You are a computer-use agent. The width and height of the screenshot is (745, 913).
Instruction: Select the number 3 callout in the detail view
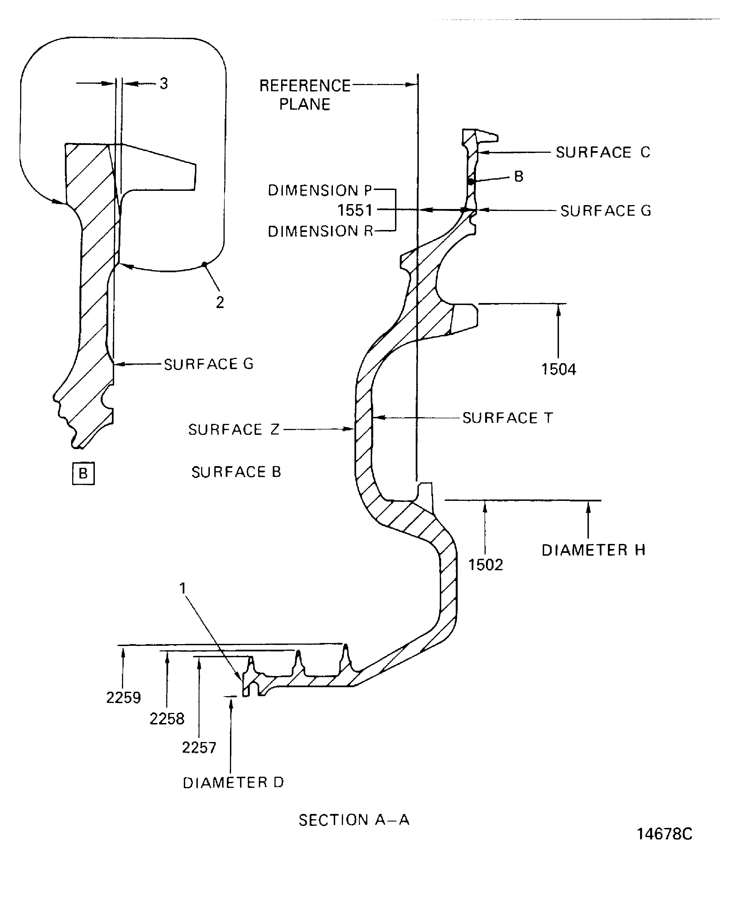coord(163,84)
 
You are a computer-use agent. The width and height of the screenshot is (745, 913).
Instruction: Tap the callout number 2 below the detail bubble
coord(220,303)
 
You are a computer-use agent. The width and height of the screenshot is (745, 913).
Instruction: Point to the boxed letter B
coord(83,473)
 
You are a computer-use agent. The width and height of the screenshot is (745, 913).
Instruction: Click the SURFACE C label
coord(603,152)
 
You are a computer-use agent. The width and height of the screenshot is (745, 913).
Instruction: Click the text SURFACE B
coord(236,472)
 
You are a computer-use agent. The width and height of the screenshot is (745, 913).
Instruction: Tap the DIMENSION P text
coord(320,190)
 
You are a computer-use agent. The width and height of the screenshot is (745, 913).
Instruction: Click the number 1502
coord(485,565)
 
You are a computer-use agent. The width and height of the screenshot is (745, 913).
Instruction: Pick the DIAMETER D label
coord(233,783)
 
